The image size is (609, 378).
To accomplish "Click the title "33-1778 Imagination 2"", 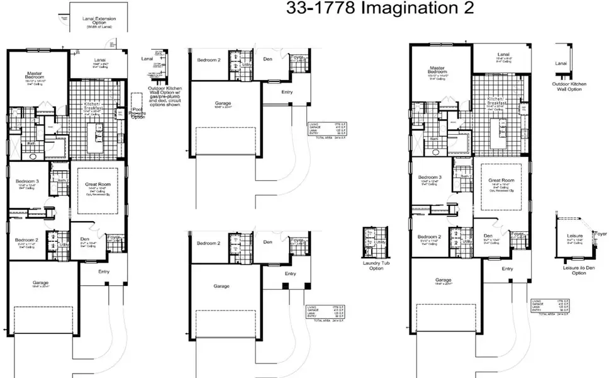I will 376,8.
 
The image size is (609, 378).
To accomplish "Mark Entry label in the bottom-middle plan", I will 290,273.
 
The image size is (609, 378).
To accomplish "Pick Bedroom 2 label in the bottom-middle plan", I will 209,243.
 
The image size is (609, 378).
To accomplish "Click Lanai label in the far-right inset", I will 562,63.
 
